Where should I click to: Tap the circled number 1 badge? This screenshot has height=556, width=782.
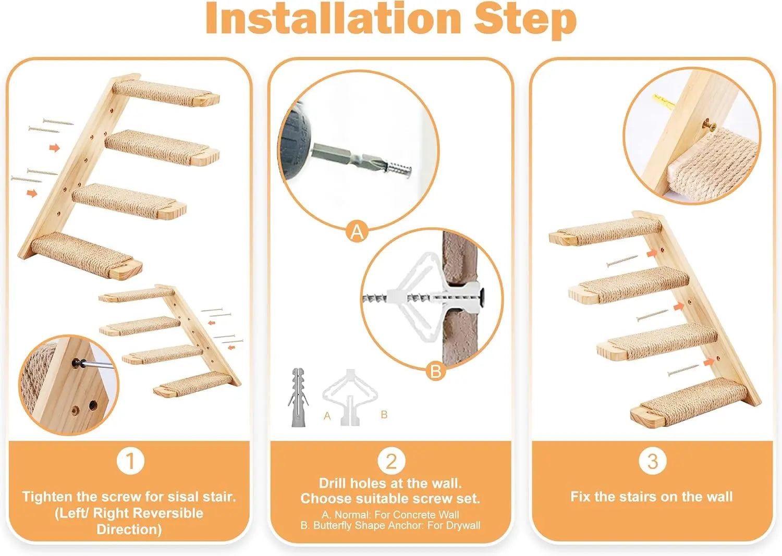tap(130, 461)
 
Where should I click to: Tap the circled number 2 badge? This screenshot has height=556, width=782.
tap(391, 461)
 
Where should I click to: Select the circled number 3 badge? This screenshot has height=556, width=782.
tap(652, 461)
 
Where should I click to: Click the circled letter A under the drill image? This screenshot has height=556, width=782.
tap(357, 231)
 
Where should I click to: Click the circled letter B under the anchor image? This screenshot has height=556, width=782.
tap(436, 371)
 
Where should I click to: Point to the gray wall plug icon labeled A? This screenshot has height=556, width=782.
tap(298, 396)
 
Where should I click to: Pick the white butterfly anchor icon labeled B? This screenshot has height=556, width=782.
tap(350, 396)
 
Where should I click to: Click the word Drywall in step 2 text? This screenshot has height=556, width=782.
tap(462, 525)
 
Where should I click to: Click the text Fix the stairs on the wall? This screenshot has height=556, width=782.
tap(652, 497)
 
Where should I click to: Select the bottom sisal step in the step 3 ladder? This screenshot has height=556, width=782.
tap(688, 401)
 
